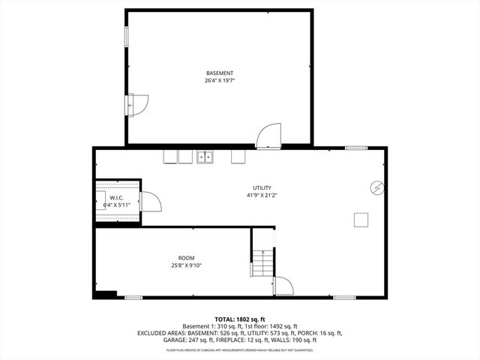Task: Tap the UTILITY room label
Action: [x=262, y=187]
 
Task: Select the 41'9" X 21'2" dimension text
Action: [x=262, y=195]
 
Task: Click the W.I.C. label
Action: [x=116, y=198]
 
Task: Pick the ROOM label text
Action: [x=186, y=257]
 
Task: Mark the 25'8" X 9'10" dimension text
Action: [x=186, y=265]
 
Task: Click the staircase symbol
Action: [x=262, y=262]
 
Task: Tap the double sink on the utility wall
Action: [x=205, y=157]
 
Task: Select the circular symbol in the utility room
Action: [x=377, y=187]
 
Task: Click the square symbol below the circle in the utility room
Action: [x=361, y=219]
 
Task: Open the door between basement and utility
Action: [x=268, y=136]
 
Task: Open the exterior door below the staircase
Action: [x=284, y=286]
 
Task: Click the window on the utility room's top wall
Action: [x=355, y=148]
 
